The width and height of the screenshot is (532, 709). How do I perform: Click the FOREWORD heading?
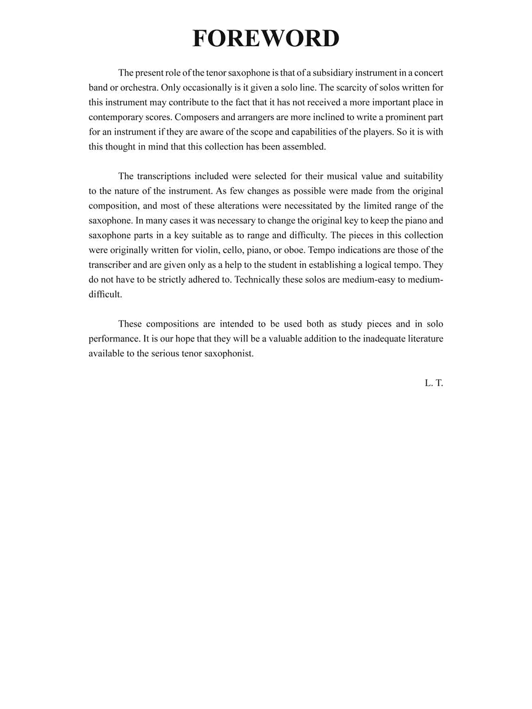266,38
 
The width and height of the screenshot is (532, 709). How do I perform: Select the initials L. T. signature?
433,383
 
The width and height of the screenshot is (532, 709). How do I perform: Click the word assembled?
304,146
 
